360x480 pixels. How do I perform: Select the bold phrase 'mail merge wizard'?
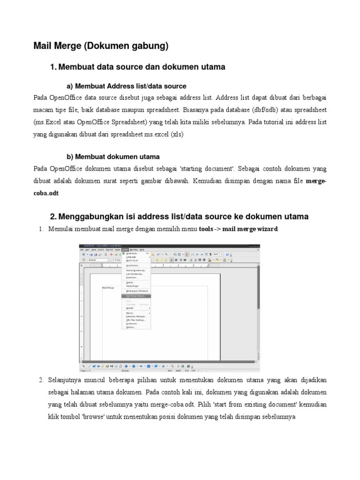click(250, 229)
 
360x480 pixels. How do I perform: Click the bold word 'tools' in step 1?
click(206, 229)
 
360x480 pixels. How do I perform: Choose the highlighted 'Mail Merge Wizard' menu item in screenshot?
click(135, 296)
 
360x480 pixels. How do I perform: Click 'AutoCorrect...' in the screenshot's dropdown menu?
click(133, 265)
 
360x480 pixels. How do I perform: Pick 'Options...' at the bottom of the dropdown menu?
click(131, 327)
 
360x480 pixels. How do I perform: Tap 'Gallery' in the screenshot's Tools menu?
click(130, 282)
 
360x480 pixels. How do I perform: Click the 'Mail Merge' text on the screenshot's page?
click(108, 288)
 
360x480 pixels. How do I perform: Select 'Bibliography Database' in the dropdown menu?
click(137, 291)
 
